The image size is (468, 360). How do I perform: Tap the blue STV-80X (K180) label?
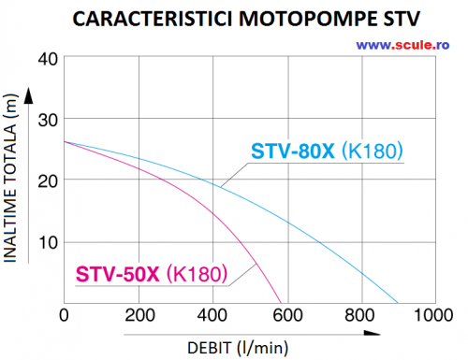(332, 150)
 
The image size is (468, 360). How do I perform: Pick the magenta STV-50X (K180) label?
(151, 275)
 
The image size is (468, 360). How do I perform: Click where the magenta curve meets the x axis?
(282, 304)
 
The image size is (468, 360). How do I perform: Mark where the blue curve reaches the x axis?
(399, 304)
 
